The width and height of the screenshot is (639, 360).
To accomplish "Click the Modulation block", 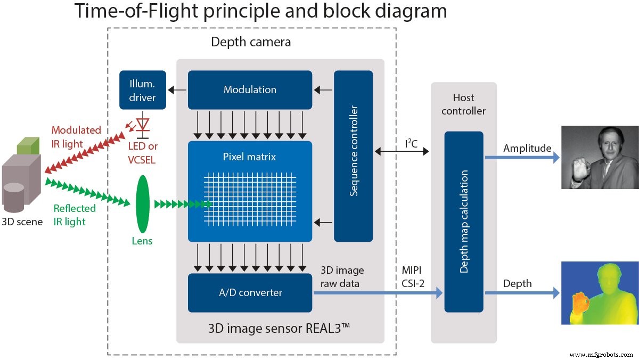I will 250,90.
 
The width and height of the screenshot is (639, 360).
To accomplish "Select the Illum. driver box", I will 143,90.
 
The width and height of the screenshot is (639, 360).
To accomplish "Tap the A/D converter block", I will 250,292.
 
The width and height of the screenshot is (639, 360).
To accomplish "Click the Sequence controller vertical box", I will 353,156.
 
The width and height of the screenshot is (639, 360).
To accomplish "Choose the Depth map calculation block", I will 464,222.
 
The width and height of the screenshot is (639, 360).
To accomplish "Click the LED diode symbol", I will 143,124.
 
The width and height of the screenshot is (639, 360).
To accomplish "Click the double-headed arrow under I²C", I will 402,152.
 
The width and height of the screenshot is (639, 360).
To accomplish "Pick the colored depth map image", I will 600,293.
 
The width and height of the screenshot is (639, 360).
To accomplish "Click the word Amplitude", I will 527,148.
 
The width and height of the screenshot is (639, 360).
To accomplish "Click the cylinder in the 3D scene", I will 14,196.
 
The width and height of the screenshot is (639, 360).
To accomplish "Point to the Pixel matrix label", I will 250,157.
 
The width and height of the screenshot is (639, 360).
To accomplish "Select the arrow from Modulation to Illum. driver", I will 177,90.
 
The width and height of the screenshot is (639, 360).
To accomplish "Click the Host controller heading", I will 463,104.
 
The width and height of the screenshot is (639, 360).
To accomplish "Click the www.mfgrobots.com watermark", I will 602,354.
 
